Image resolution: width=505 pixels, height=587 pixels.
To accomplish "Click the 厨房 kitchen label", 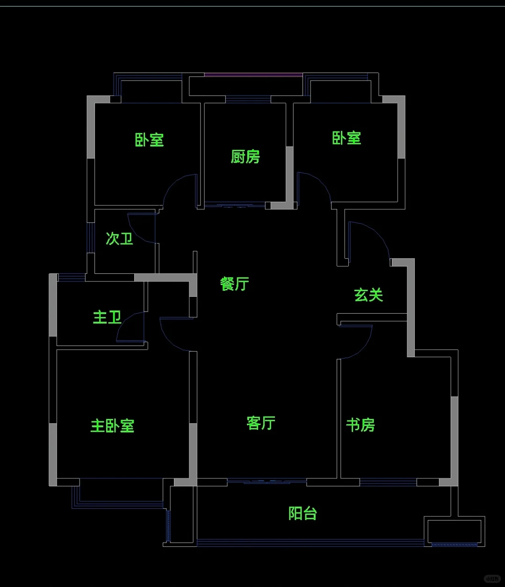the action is tap(245, 156).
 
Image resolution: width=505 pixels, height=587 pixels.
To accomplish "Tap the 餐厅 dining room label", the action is tap(235, 284).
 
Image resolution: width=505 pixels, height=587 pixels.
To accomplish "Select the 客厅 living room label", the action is tap(261, 423).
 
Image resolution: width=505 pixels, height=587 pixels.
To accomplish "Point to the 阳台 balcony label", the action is tap(303, 513).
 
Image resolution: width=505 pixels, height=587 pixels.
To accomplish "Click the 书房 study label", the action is tap(360, 425).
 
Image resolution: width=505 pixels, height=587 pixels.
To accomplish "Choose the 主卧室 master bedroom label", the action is tap(112, 426).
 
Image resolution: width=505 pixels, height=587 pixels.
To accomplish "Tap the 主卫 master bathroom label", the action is tap(108, 317).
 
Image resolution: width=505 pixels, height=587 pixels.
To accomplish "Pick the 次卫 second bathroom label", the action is tap(119, 239).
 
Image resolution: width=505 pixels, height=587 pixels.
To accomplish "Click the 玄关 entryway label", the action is tap(368, 295).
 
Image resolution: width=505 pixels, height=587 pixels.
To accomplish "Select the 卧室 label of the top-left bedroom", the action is tap(150, 139).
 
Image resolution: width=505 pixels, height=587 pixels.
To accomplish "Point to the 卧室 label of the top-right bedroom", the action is tap(346, 138).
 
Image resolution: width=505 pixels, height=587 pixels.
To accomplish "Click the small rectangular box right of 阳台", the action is tap(454, 531).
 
